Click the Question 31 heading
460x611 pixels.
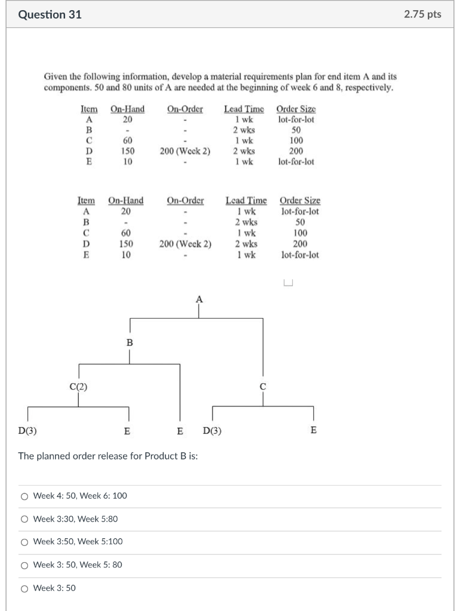[50, 14]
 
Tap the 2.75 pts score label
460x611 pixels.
[422, 14]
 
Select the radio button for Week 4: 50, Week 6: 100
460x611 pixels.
[24, 496]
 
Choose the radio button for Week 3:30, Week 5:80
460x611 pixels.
[24, 519]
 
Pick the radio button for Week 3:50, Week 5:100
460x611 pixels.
[24, 542]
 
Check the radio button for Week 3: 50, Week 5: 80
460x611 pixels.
[24, 565]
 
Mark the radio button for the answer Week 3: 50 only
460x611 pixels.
[24, 588]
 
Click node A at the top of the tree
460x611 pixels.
[199, 298]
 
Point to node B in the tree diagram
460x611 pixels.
[129, 342]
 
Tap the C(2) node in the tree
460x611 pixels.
[78, 386]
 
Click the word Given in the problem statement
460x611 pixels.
[56, 77]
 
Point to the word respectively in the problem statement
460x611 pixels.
[368, 87]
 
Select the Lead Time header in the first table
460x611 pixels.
[244, 109]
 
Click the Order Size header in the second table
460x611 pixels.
[300, 201]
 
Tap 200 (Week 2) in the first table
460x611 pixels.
[185, 151]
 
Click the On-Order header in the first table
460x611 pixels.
[185, 109]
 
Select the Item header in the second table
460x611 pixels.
[87, 201]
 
